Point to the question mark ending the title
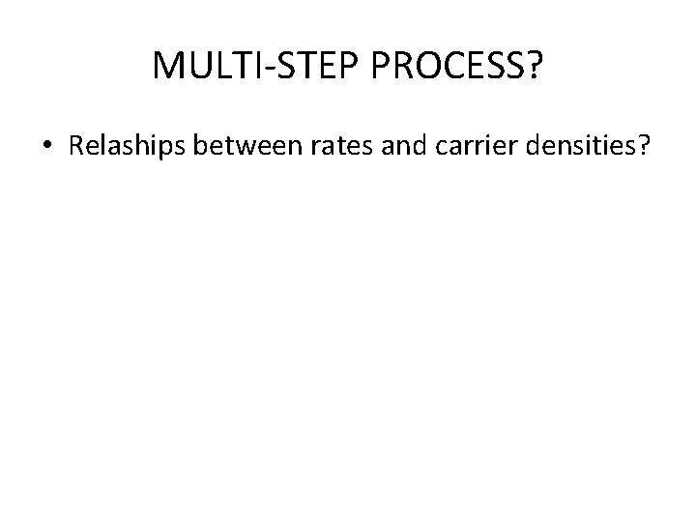[533, 67]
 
